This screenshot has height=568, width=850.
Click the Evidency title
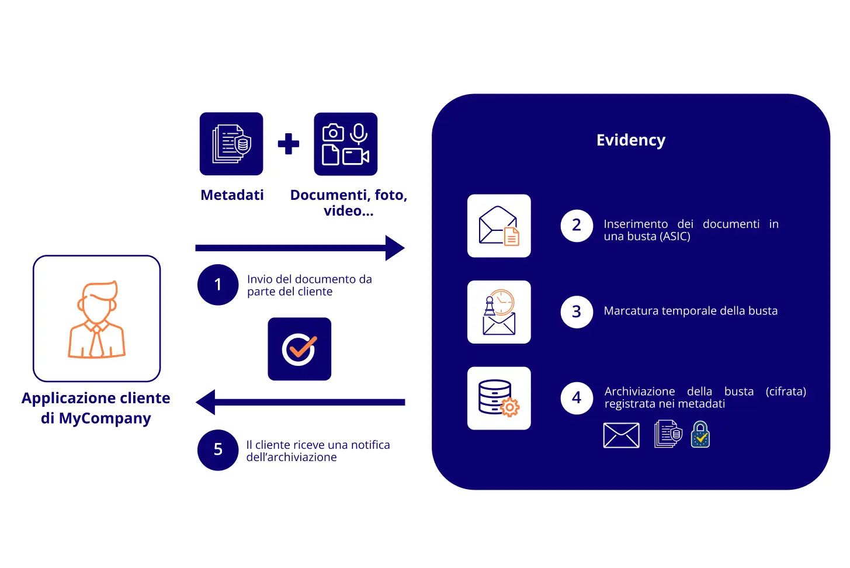(x=630, y=140)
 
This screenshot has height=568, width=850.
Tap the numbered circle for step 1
(x=218, y=285)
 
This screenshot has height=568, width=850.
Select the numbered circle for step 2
(x=577, y=226)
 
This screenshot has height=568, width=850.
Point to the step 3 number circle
(x=577, y=311)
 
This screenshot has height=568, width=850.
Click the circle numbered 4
(x=577, y=398)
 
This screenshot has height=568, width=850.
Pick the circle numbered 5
(x=218, y=450)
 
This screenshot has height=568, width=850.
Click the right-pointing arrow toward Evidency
(x=300, y=248)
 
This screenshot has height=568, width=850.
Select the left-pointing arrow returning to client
(x=300, y=402)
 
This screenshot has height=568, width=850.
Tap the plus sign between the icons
(x=288, y=144)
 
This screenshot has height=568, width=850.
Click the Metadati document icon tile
(x=231, y=144)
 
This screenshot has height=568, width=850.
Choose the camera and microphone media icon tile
(x=346, y=144)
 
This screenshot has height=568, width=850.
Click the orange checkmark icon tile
(x=300, y=349)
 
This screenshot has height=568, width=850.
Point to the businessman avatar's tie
(x=97, y=342)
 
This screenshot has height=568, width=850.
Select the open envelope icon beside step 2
(x=499, y=226)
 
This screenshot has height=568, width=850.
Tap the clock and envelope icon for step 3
(x=499, y=312)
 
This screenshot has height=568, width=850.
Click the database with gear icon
(x=499, y=398)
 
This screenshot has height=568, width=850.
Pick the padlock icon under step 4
(x=700, y=435)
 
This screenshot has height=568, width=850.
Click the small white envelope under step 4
(x=621, y=435)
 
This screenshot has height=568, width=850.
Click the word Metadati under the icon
(x=232, y=195)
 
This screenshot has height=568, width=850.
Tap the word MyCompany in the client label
(x=105, y=418)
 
